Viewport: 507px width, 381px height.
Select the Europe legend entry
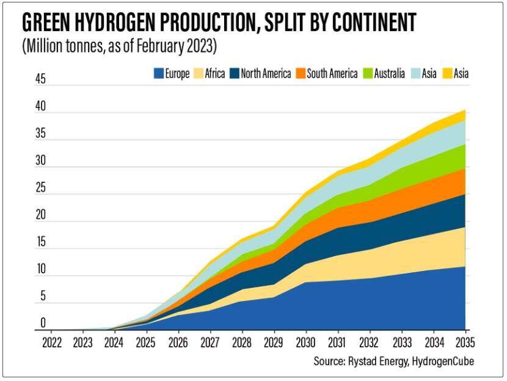(x=172, y=75)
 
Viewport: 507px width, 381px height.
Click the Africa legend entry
(x=208, y=75)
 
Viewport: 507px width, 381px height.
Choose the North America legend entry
(x=260, y=75)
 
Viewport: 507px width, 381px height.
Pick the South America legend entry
(x=326, y=75)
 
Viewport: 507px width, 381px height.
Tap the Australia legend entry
(x=384, y=75)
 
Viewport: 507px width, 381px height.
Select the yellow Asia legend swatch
(x=447, y=75)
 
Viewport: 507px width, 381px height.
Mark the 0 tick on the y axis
(x=43, y=323)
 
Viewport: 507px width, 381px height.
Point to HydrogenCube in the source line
(x=443, y=361)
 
